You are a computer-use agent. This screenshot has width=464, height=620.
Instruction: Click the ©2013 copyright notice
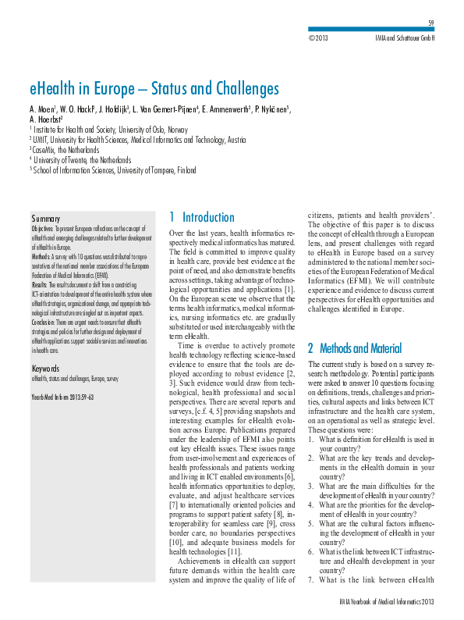tap(319, 37)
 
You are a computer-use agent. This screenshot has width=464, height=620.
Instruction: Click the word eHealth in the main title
tap(55, 88)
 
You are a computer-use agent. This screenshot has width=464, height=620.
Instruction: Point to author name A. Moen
tap(44, 108)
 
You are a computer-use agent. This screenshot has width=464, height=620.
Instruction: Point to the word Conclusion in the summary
tap(46, 321)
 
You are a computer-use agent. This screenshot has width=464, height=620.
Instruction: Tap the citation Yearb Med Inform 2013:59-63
tap(62, 397)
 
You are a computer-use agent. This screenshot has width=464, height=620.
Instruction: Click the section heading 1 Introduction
tap(202, 217)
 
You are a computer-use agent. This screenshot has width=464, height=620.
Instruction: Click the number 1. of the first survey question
tap(313, 440)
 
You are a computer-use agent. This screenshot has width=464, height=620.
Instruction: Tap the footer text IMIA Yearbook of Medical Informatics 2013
tap(388, 601)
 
